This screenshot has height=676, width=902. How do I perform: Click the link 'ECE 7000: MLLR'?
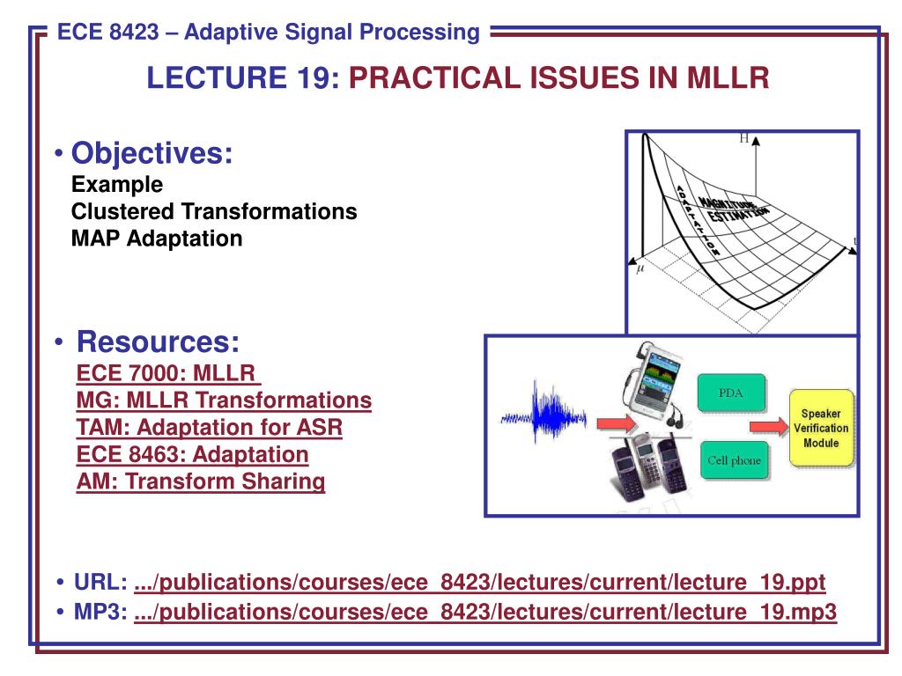167,373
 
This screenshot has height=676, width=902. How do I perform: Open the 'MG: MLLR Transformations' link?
224,400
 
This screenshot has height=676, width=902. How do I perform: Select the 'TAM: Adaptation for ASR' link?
210,427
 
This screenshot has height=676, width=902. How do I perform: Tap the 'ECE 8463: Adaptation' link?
193,454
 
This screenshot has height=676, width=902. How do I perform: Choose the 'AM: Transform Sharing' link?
201,481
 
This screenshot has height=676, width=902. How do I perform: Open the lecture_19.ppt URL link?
480,583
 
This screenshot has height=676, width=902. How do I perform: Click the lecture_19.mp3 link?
485,612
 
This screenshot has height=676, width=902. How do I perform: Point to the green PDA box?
732,393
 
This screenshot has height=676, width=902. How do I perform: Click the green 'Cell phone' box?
734,459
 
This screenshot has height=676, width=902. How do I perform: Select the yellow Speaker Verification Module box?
821,428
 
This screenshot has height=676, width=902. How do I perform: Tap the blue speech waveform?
543,414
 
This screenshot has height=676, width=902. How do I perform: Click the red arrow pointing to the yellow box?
768,427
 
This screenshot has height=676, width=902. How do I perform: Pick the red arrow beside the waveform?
617,424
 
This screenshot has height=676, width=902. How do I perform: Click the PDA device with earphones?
654,382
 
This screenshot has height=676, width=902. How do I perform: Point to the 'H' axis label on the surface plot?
743,138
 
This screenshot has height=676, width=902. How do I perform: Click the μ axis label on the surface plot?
640,269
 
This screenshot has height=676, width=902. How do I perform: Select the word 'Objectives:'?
152,153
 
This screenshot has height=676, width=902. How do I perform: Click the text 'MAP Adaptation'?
157,239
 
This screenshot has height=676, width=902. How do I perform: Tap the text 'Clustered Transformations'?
214,211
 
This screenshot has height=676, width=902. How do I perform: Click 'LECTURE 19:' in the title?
243,77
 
